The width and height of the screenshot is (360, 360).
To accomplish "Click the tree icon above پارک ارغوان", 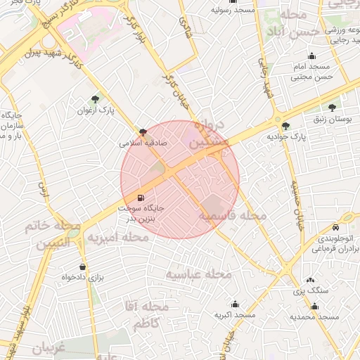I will [96, 99].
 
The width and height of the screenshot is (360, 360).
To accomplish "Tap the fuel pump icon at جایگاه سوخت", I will [143, 198].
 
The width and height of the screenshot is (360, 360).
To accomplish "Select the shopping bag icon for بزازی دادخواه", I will [83, 266].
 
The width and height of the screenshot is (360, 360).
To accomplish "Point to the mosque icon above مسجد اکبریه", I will [234, 304].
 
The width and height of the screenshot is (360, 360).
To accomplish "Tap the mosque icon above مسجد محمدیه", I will [314, 307].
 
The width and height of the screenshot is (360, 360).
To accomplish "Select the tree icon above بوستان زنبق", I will [332, 108].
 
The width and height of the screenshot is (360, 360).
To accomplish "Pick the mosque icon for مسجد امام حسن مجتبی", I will [311, 56].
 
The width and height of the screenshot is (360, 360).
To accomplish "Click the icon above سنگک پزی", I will [311, 281].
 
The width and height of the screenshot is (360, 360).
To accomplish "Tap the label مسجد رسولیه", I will [234, 11].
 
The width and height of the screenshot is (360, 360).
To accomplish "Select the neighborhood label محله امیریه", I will [118, 238].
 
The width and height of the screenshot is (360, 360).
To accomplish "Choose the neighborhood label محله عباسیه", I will [198, 274].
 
